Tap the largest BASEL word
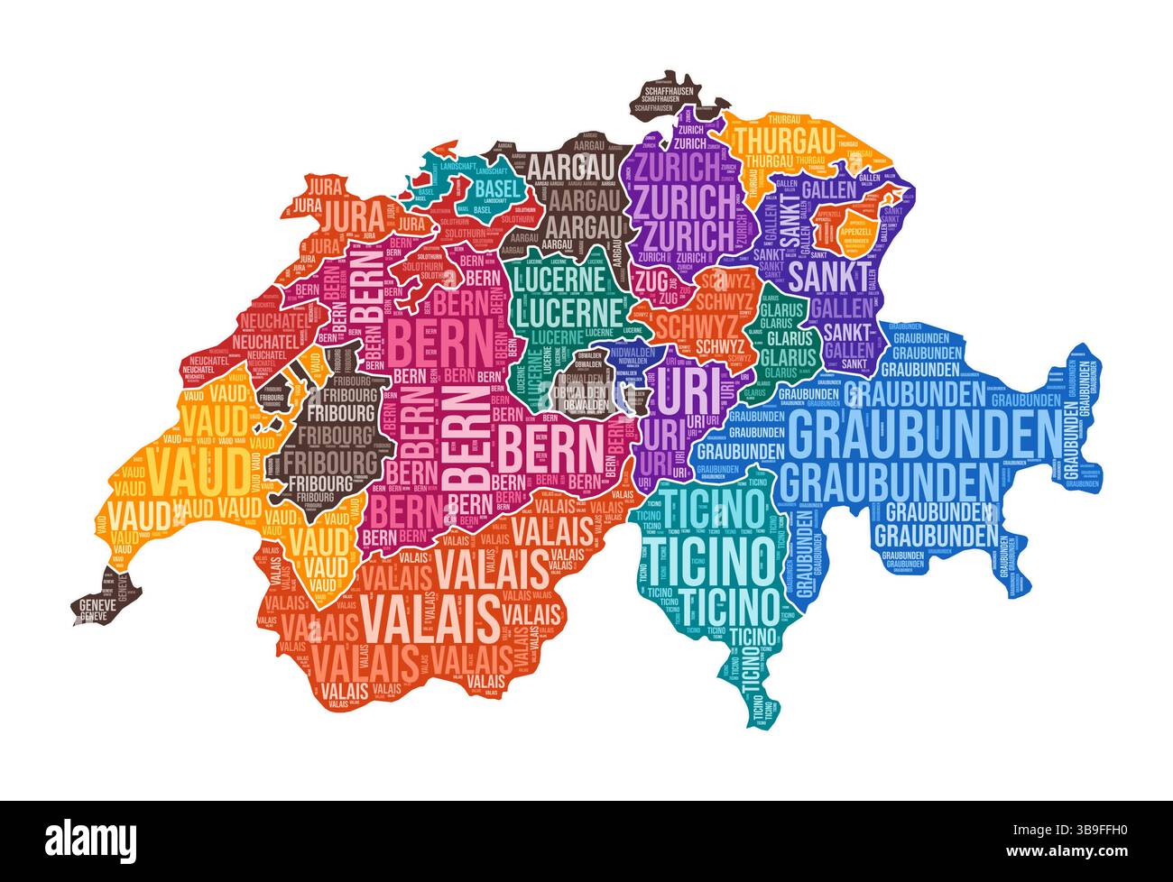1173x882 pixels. (x=498, y=188)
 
